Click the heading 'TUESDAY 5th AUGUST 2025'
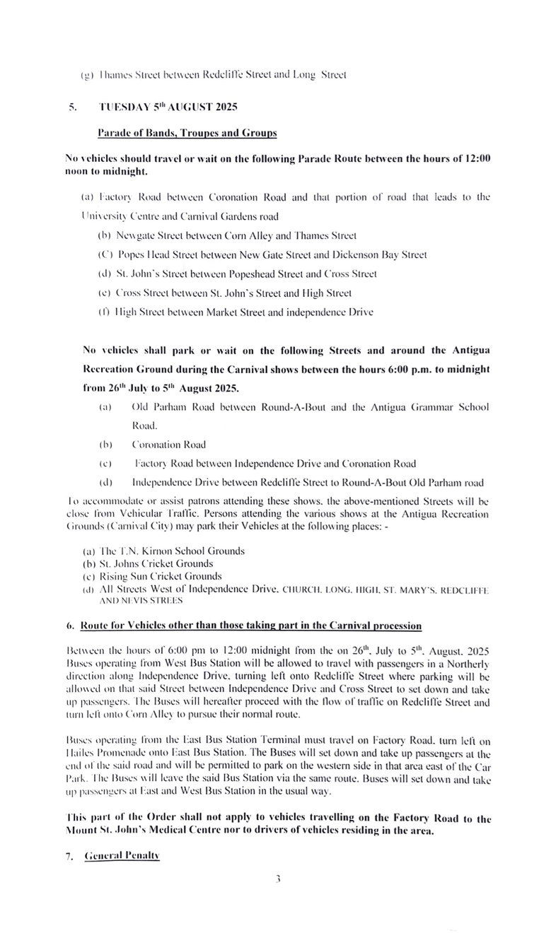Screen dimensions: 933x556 (x=168, y=107)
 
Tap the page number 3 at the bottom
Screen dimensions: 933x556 (x=279, y=879)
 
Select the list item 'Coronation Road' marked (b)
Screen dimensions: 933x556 (x=169, y=445)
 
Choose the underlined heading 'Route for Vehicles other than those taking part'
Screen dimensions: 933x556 (x=251, y=626)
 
